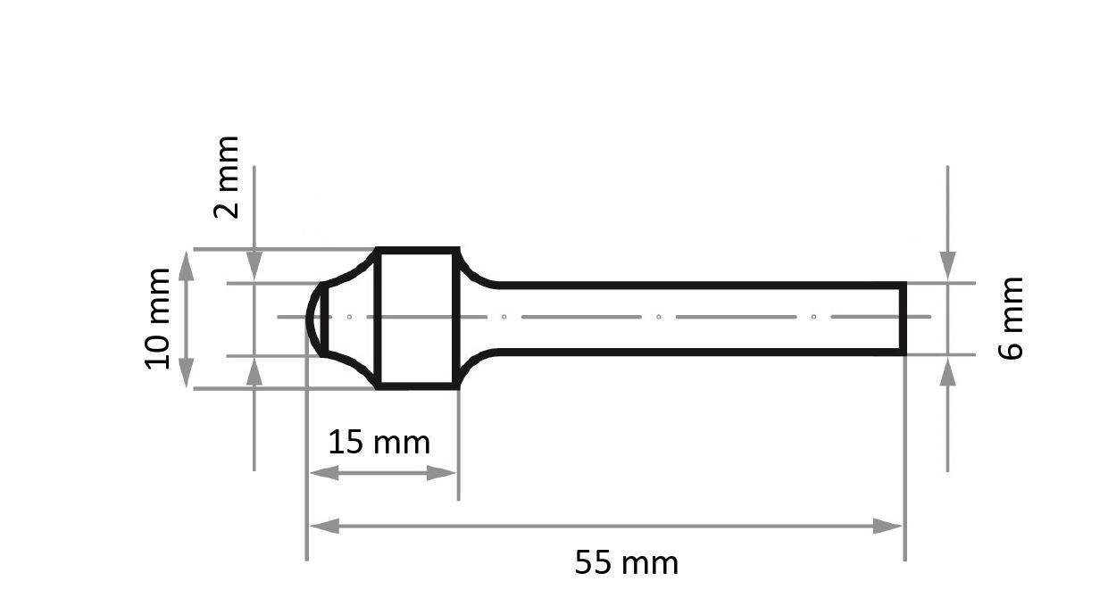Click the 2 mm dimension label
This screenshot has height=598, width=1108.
tap(227, 177)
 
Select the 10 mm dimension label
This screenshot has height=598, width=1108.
tap(157, 319)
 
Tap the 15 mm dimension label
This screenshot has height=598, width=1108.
tap(379, 442)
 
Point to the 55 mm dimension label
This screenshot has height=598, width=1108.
tap(626, 562)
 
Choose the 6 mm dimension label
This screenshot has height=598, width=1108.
tap(1010, 318)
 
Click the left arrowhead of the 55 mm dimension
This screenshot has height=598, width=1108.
tap(324, 527)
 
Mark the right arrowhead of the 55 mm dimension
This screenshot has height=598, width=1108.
tap(887, 527)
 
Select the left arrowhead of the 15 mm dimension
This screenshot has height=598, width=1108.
tap(324, 473)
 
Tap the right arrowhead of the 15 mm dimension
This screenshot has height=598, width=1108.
tap(441, 473)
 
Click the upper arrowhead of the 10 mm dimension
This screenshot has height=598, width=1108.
tap(186, 266)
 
